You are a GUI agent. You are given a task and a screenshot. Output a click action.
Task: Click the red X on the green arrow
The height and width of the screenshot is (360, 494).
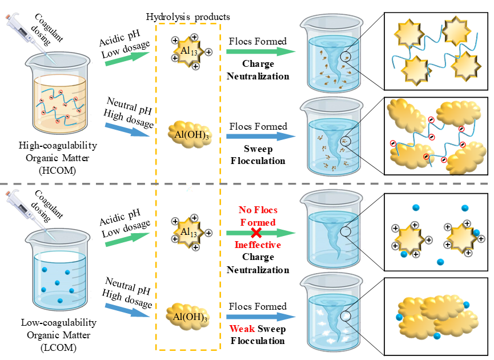pos(257,233)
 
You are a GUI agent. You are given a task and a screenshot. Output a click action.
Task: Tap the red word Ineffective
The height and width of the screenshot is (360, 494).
pos(258,245)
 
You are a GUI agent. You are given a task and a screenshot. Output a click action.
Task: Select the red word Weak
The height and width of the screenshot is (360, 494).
pos(242,329)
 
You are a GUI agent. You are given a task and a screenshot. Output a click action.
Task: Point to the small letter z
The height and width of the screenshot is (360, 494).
pos(190,187)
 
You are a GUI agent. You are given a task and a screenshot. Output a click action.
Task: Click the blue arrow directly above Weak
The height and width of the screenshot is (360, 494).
pos(260,317)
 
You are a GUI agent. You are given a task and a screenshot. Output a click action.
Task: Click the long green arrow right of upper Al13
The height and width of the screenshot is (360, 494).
pos(260,51)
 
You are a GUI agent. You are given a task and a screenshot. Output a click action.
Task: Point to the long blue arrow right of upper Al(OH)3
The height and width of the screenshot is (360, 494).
pos(260,136)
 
